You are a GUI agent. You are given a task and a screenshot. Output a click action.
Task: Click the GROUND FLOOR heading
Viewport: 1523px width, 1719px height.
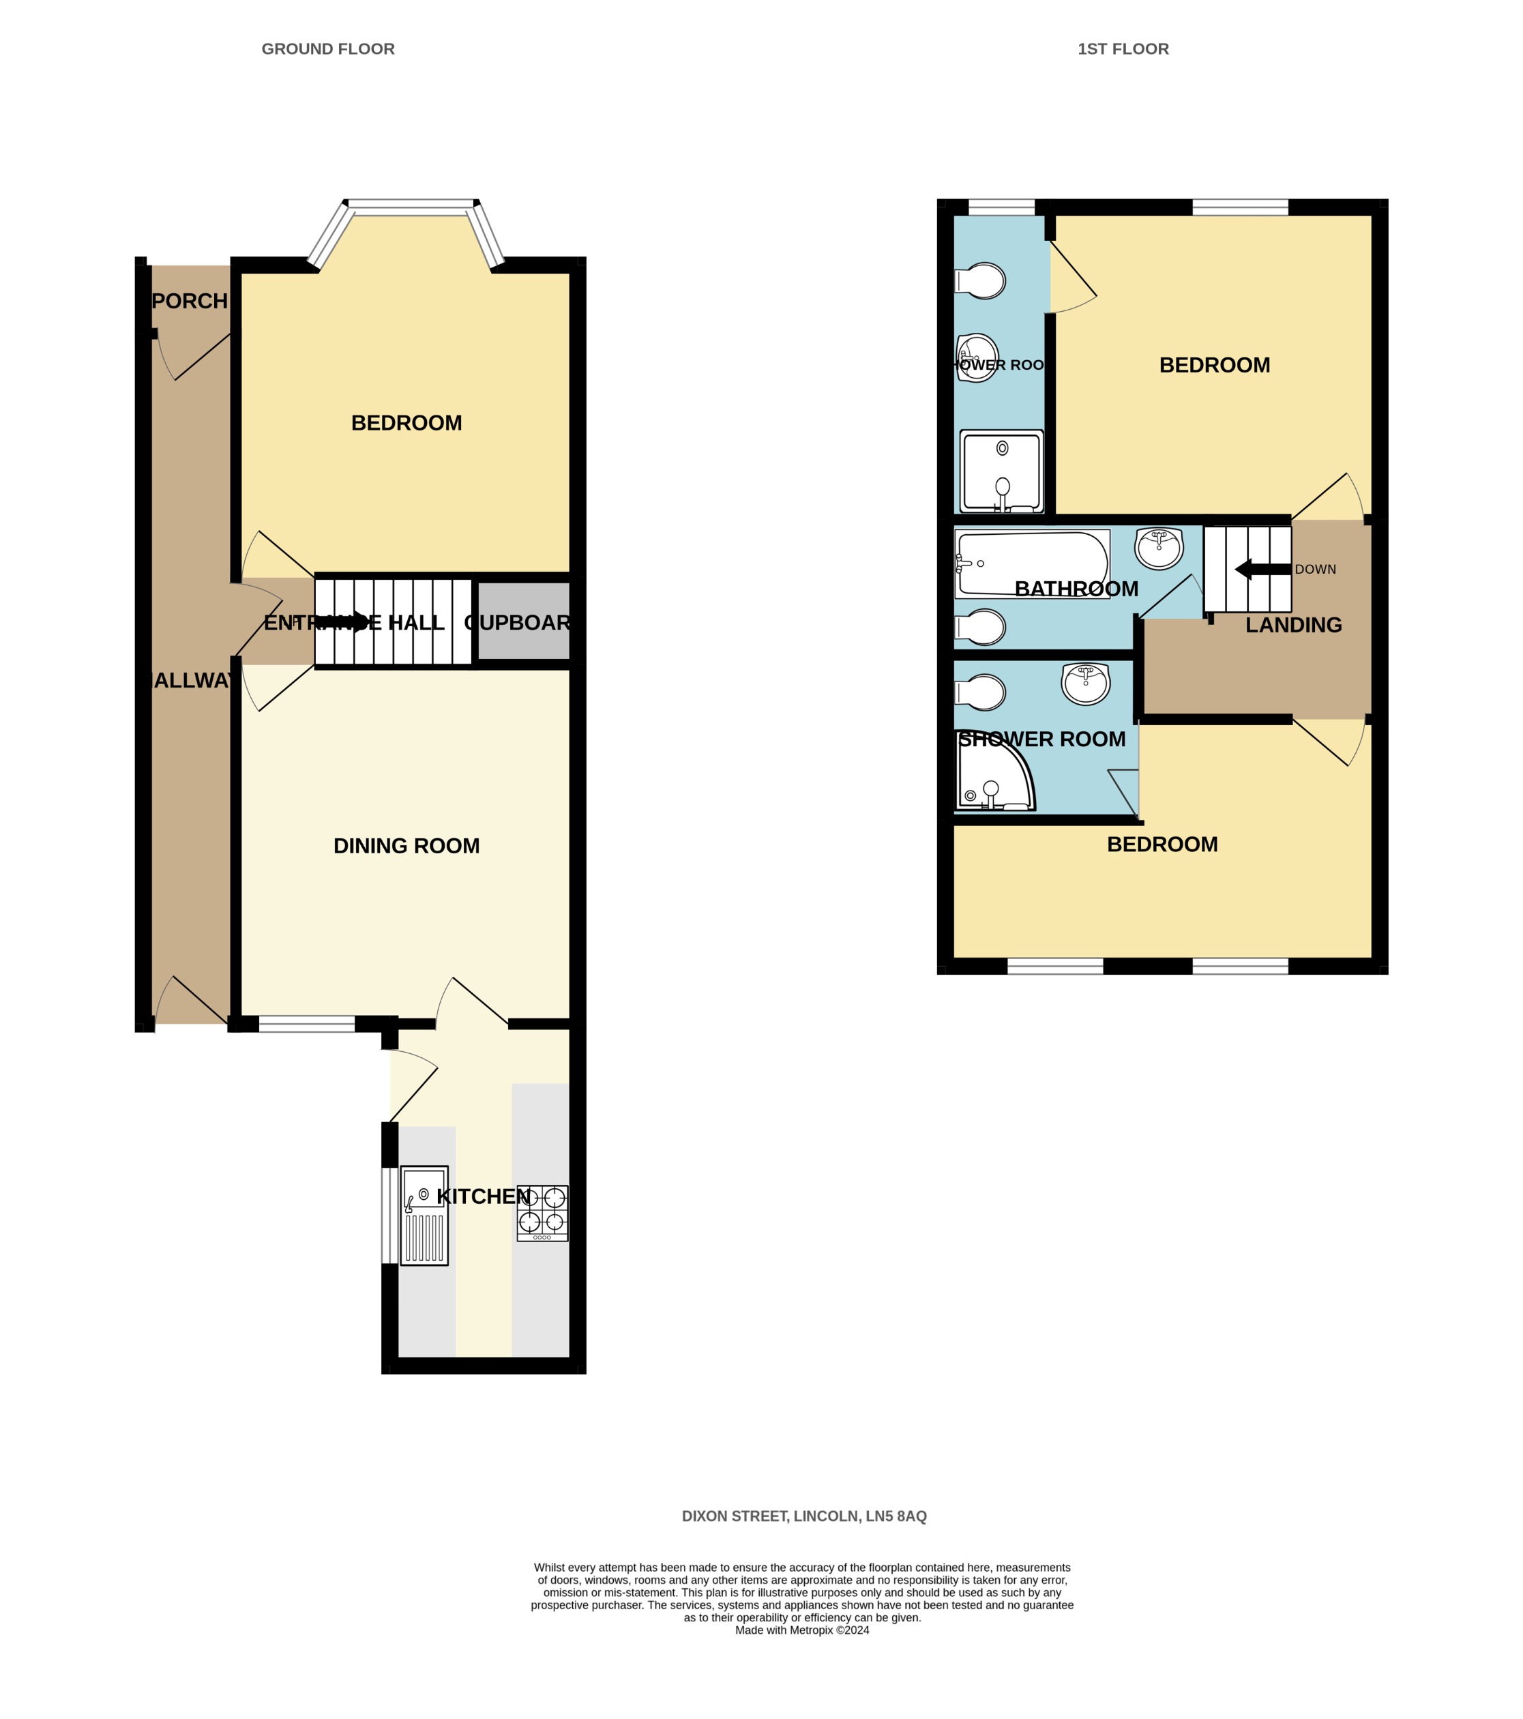328,49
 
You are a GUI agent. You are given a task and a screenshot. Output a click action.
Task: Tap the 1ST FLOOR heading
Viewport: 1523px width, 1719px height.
1123,49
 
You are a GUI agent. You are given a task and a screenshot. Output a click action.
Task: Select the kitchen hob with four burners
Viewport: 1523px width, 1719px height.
542,1213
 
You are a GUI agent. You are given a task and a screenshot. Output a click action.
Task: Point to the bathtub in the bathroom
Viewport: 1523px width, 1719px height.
1032,563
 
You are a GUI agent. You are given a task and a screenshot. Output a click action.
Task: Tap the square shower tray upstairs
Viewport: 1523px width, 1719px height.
1001,472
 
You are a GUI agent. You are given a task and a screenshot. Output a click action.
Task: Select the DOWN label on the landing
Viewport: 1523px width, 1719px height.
1315,570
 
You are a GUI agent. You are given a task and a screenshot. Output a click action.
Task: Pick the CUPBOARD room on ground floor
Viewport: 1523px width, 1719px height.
523,622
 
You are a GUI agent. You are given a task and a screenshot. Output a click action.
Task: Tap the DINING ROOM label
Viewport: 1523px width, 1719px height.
406,846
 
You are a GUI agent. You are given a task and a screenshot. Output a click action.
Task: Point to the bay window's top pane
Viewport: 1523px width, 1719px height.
411,203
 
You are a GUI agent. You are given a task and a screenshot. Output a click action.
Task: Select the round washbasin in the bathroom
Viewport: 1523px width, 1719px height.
1159,548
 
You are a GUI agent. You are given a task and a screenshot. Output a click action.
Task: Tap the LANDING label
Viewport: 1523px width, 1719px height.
1292,625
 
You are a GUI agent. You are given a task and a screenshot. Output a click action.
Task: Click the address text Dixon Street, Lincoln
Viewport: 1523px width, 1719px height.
803,1516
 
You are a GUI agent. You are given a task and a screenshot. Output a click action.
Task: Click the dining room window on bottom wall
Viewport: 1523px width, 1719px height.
306,1023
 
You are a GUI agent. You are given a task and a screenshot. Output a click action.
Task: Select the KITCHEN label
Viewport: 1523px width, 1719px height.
484,1196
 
